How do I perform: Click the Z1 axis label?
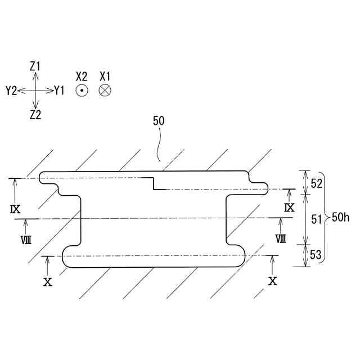tap(35, 66)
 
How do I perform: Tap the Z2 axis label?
tap(35, 115)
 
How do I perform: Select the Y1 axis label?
tap(60, 90)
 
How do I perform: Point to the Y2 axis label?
tap(11, 90)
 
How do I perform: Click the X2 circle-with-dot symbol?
tap(82, 90)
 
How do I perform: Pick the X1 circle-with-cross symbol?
tap(105, 90)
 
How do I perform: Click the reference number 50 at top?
tap(159, 120)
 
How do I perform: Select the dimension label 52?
tap(316, 183)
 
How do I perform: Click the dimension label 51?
tap(316, 219)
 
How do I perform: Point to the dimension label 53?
tap(316, 255)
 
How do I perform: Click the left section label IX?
tap(15, 209)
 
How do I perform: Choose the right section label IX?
tap(289, 208)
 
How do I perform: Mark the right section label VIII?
tap(281, 238)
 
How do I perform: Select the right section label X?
tap(273, 281)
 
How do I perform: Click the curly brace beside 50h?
tap(327, 217)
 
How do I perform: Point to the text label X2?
tap(82, 75)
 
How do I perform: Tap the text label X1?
tap(105, 75)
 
